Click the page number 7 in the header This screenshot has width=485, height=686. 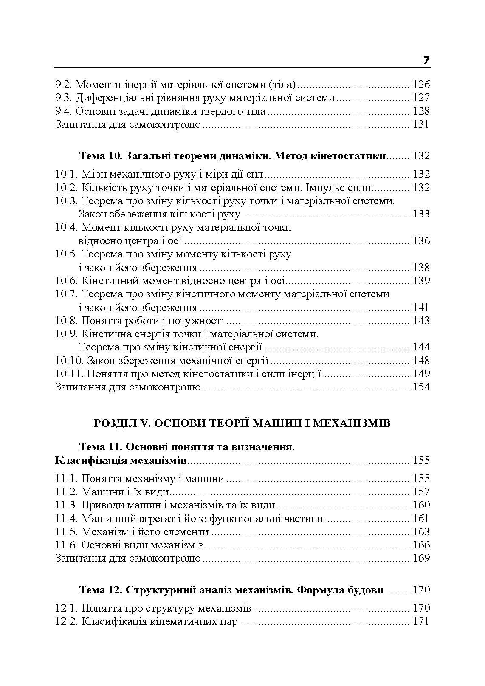(x=426, y=60)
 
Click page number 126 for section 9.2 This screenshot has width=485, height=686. (x=421, y=84)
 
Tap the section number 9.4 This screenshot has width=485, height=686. (x=64, y=111)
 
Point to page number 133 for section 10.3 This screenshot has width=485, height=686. (x=421, y=214)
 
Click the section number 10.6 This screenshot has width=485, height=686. (x=66, y=281)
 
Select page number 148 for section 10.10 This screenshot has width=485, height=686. (x=421, y=361)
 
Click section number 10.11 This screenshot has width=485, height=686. (x=69, y=374)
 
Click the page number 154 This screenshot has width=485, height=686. (x=421, y=387)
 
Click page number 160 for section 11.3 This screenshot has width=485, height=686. (x=421, y=505)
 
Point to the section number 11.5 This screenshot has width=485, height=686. (x=66, y=532)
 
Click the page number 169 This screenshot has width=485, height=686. (x=421, y=558)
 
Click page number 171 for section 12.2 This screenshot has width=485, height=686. (x=421, y=622)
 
